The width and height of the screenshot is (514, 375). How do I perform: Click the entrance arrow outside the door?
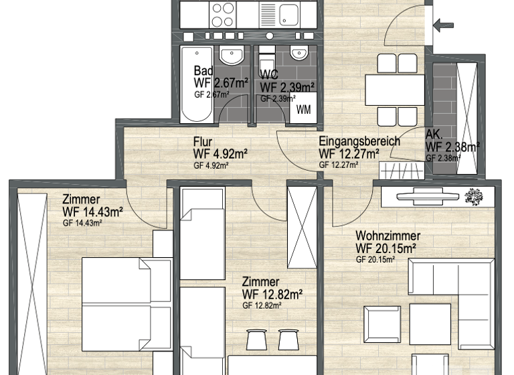(x=443, y=26)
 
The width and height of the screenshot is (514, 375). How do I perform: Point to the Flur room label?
(x=203, y=141)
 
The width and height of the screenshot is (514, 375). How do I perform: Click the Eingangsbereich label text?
(x=359, y=141)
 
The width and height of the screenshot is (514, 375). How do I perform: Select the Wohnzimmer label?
(x=388, y=236)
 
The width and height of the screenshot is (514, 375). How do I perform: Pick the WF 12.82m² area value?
(x=273, y=294)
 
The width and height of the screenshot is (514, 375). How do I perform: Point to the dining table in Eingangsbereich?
(x=395, y=90)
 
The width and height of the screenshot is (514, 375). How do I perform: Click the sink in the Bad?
(x=232, y=56)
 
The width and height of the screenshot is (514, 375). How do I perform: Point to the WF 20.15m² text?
(x=387, y=248)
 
